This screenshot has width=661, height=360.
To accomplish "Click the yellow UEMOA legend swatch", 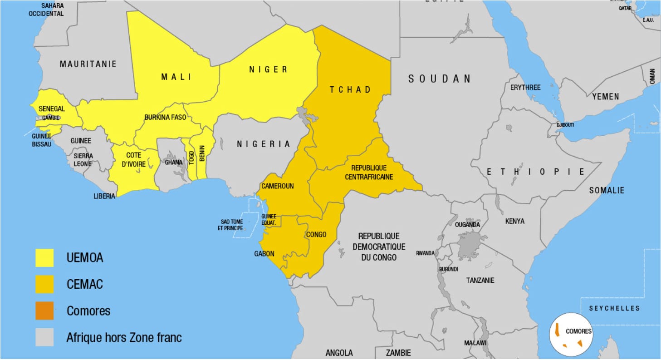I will pos(44,258).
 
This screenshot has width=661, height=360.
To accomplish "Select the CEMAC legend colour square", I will pos(44,285).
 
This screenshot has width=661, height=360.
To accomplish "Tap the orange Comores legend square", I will pos(44,311).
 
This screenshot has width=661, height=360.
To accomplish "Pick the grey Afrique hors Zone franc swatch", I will pos(44,337).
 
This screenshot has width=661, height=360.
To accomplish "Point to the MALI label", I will pos(176,77).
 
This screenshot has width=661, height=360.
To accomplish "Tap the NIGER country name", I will pos(268,69).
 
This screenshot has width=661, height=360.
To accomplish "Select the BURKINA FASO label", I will pos(166,117).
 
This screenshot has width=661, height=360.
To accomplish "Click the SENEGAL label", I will pos(52,109).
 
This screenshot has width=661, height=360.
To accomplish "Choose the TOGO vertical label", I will pos(191,157).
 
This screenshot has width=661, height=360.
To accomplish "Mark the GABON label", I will pos(264,254).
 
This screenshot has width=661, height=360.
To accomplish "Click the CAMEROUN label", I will pos(278,186).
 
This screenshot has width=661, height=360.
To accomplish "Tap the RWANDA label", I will pos(426,253).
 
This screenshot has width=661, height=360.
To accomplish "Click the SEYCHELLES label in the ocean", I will pos(614,308).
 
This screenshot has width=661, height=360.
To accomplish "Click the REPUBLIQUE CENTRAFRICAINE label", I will pos(369,173).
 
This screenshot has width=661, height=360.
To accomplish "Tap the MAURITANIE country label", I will pos(88,64).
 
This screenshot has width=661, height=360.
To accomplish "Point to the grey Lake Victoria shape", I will pos(470,245).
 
